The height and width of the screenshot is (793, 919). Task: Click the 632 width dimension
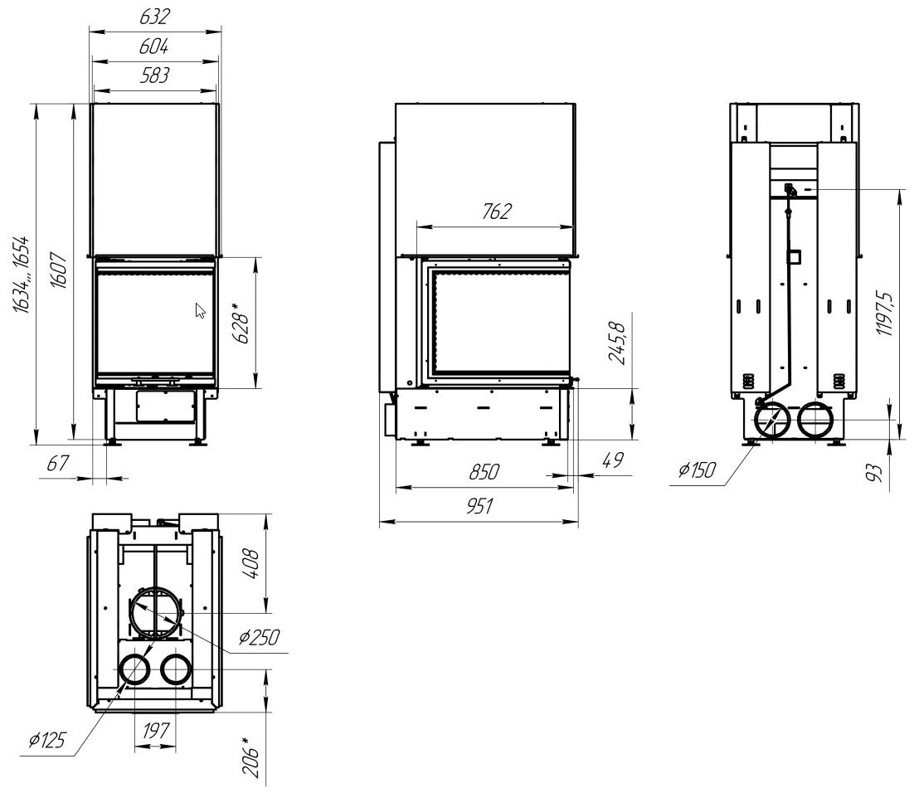click(155, 17)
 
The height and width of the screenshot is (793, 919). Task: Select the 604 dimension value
click(154, 46)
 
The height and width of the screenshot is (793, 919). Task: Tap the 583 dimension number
click(155, 75)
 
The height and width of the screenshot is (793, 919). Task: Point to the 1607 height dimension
click(59, 270)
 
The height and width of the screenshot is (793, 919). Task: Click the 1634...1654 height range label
click(21, 275)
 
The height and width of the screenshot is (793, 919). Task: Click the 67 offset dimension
click(57, 464)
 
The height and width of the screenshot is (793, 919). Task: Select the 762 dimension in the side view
click(497, 212)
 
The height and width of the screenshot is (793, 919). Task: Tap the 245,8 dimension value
click(618, 343)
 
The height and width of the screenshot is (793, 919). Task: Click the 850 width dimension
click(484, 472)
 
